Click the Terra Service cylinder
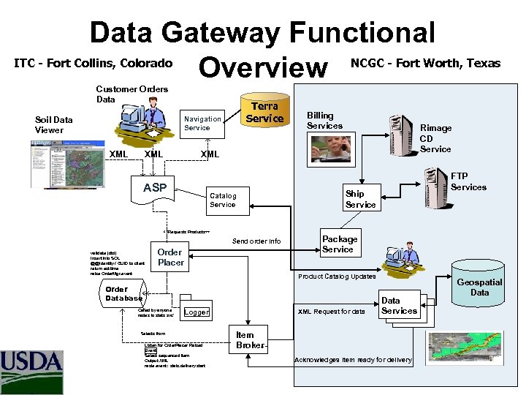tap(264, 113)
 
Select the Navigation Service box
tap(202, 123)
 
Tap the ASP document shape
tap(155, 188)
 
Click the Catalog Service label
tap(223, 200)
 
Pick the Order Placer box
tap(171, 257)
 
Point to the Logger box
tap(196, 312)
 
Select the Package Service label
tap(340, 244)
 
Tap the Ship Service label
tap(360, 200)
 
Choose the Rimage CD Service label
tap(435, 138)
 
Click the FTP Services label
tap(468, 181)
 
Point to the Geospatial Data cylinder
tap(479, 287)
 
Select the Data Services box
tap(400, 306)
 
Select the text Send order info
tap(256, 241)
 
